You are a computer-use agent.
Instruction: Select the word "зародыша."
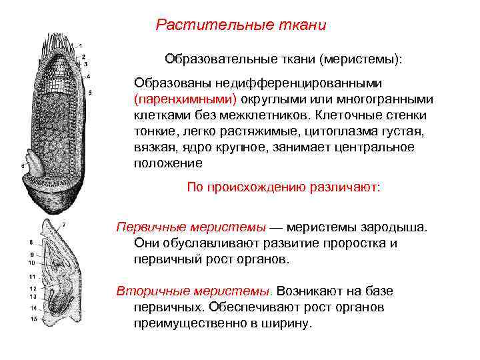[x=395, y=227]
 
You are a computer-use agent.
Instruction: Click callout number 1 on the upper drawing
[x=81, y=46]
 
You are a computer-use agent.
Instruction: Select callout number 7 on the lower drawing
[x=64, y=225]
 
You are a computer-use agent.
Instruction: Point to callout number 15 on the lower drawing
[x=31, y=319]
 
